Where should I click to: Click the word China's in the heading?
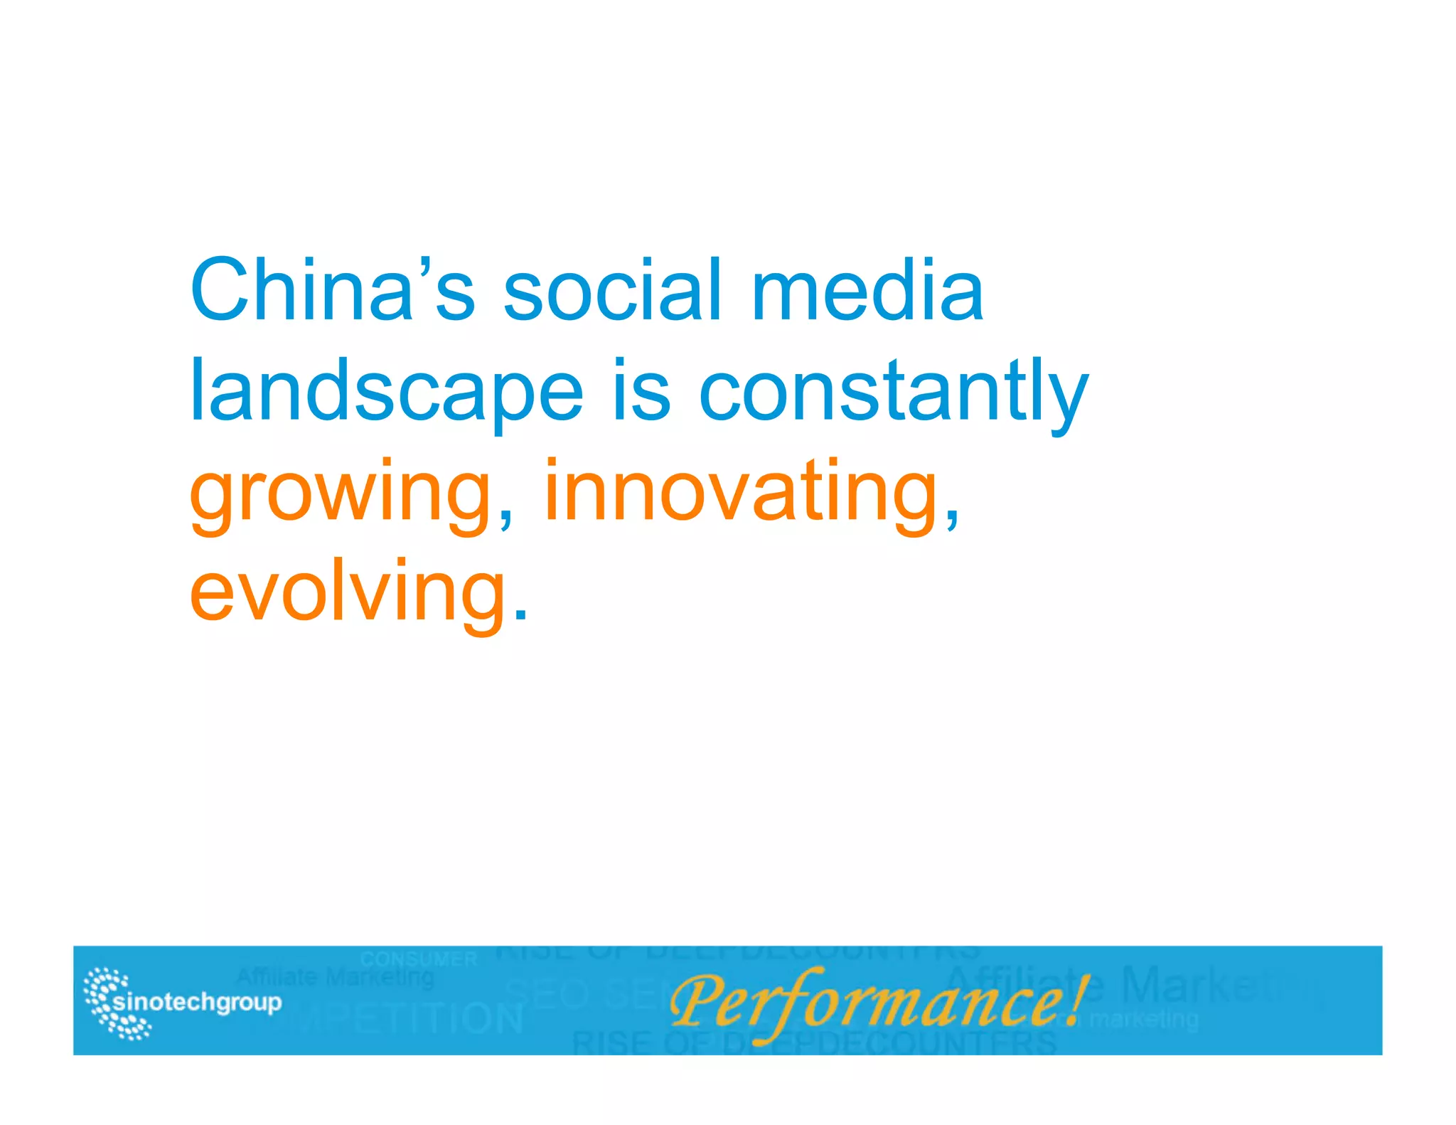[332, 290]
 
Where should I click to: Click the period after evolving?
[521, 616]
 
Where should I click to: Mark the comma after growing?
[505, 518]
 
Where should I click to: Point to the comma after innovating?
[952, 518]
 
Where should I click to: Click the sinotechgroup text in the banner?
[198, 1002]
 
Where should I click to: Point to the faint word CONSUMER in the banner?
[419, 959]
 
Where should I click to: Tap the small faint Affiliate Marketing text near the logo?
[335, 978]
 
